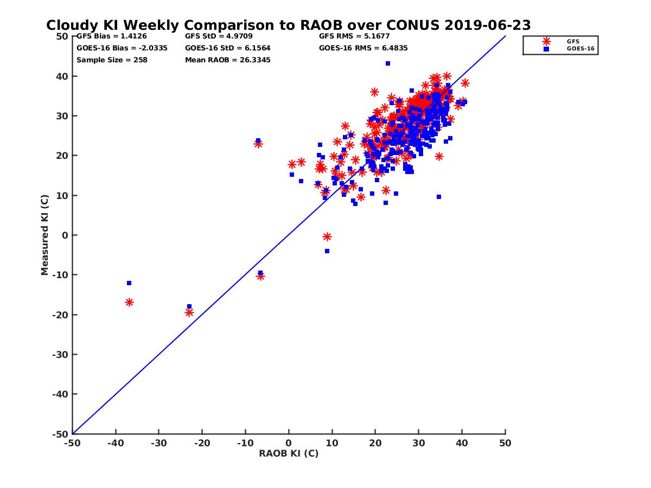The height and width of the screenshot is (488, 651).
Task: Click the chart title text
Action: (288, 25)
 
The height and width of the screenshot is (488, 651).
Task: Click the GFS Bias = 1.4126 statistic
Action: (111, 36)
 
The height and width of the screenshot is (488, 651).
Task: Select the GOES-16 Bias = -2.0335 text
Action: (122, 48)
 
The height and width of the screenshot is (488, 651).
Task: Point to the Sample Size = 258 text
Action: (112, 60)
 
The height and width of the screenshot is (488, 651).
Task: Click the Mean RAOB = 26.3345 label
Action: (227, 60)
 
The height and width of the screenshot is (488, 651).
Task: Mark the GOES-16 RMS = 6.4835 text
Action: (363, 48)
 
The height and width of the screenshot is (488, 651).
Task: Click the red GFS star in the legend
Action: (546, 41)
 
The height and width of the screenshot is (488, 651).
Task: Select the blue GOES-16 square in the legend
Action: (546, 49)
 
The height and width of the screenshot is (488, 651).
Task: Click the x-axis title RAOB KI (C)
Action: (289, 453)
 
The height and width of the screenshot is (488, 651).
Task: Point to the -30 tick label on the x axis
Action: (158, 443)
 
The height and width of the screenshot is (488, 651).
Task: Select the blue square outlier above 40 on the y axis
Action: (388, 63)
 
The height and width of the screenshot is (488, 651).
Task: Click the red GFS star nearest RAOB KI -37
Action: (129, 302)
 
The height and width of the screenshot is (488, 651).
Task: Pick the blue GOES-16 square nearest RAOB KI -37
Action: (129, 283)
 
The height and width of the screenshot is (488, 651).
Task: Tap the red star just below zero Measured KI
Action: (327, 237)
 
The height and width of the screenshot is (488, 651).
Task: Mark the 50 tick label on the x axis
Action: (505, 443)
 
